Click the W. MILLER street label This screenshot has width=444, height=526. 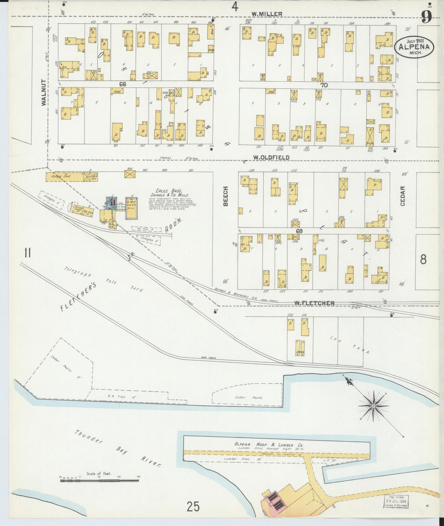click(266, 14)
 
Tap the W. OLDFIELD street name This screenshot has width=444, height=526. click(271, 157)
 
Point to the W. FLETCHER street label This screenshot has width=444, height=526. click(314, 303)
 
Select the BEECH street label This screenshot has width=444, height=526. click(226, 196)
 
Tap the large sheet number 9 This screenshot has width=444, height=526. click(426, 17)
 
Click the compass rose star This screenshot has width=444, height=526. click(373, 406)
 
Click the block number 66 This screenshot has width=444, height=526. click(123, 84)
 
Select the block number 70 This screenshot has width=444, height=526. click(324, 85)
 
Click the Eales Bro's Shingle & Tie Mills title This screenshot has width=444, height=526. click(169, 193)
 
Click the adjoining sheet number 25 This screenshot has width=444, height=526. click(193, 505)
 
